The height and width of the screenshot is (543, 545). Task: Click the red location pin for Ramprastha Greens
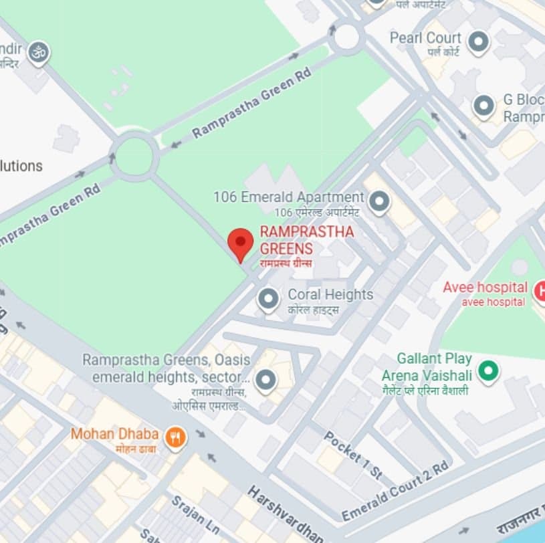point(241,243)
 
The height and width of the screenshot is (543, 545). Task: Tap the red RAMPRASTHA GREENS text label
point(306,240)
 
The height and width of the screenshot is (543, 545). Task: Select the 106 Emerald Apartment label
point(288,197)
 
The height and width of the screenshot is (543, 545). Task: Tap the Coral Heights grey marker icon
point(268,299)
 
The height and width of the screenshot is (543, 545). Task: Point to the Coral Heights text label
point(330,295)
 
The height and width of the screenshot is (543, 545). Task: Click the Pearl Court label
point(425,38)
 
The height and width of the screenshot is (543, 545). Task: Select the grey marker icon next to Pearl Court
point(478,42)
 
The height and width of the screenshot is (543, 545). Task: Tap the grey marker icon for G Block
point(483,106)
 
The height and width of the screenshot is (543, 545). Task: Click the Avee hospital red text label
point(485,288)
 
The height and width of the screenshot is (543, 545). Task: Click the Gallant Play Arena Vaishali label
point(435,366)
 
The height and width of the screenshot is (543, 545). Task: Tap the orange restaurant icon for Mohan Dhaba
point(175,438)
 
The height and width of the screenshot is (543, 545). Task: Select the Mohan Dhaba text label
point(114,434)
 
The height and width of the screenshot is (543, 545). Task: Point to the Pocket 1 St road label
point(353,455)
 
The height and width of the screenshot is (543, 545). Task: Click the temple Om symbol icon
point(39,53)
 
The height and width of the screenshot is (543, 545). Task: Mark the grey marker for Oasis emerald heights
point(266,381)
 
